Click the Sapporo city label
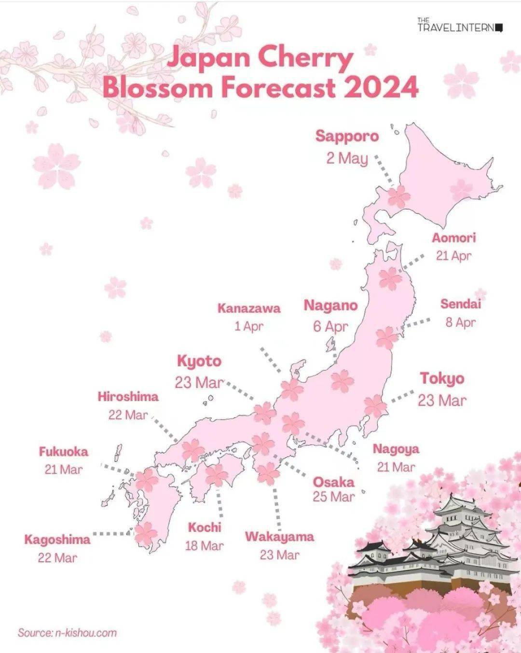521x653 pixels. tap(347, 136)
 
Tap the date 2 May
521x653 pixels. tap(347, 158)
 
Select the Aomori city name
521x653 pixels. tap(453, 238)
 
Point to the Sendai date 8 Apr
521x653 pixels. tap(460, 322)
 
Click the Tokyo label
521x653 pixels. tap(442, 378)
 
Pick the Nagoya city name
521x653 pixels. tap(396, 449)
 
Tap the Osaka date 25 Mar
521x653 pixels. tap(333, 497)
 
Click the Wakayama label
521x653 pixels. tap(279, 537)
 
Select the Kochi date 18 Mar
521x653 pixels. tap(204, 546)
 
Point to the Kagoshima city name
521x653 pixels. tap(57, 540)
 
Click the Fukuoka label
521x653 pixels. tap(64, 452)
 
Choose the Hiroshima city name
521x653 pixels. tap(128, 397)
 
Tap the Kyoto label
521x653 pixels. tap(199, 361)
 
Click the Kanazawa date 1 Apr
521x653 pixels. tap(249, 326)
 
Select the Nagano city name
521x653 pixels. tap(330, 306)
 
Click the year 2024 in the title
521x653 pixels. tap(381, 88)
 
